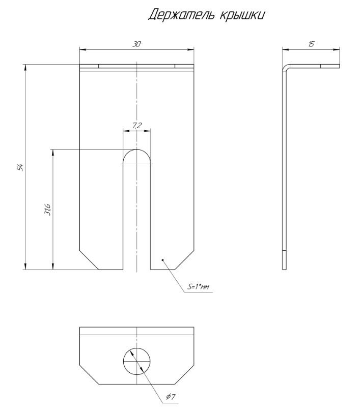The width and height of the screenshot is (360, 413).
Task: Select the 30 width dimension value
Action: tap(136, 44)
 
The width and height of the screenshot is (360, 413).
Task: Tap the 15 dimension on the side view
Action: tap(312, 44)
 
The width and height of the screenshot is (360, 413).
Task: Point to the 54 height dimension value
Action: tap(20, 167)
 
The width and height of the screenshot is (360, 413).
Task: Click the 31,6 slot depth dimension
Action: tap(48, 209)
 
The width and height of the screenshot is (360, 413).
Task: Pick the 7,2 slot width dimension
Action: tap(137, 126)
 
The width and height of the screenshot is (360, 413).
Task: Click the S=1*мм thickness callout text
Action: tap(198, 287)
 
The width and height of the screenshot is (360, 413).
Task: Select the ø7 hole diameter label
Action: tap(171, 396)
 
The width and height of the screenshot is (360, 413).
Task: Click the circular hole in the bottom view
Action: tap(137, 361)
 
